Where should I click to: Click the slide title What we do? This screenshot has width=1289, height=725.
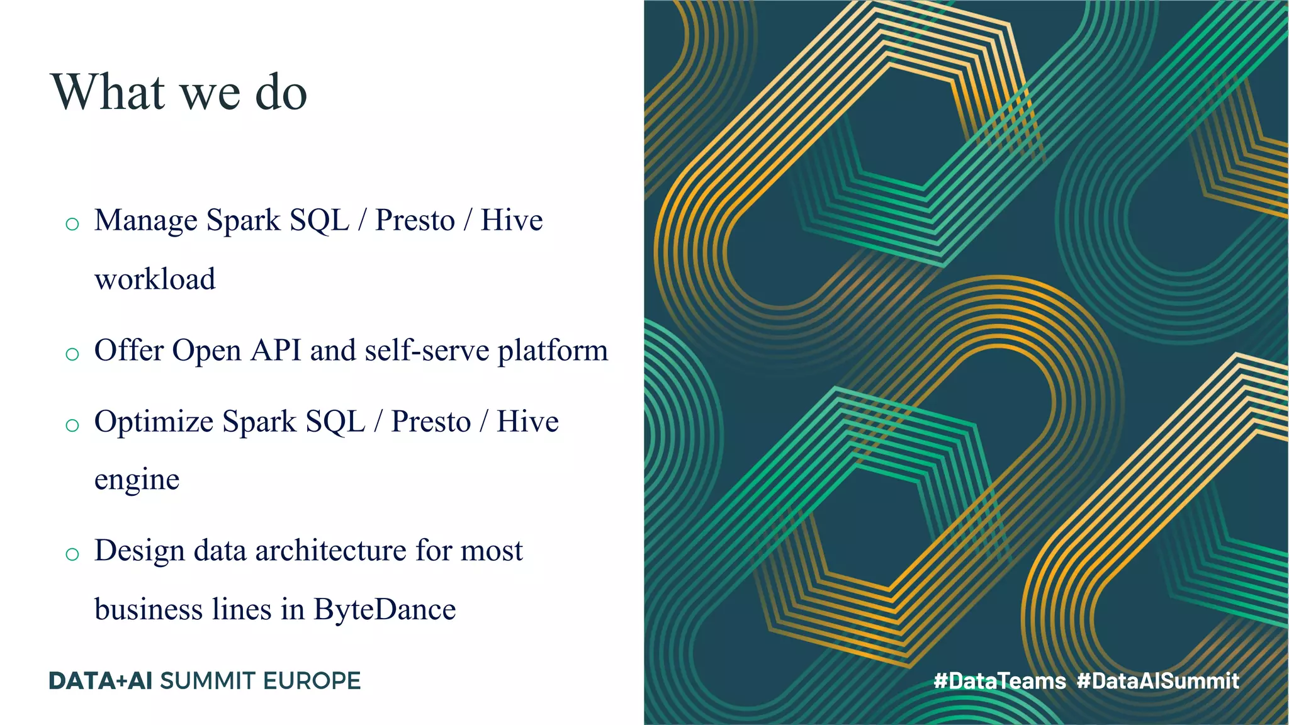(x=179, y=92)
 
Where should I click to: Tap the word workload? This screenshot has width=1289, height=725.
(x=155, y=279)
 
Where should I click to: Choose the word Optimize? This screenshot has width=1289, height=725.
(x=154, y=422)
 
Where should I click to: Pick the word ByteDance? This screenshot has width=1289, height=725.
(x=385, y=609)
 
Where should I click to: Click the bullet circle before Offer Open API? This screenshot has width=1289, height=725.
(x=72, y=354)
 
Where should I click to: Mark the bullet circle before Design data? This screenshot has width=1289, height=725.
(x=72, y=554)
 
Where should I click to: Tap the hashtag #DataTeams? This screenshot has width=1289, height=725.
(x=999, y=680)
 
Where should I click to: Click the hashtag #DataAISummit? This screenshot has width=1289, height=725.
(x=1157, y=680)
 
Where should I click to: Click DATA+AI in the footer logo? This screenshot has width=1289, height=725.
(x=101, y=681)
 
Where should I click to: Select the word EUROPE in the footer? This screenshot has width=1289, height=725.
(x=312, y=681)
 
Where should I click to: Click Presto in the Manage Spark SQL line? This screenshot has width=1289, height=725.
(x=415, y=221)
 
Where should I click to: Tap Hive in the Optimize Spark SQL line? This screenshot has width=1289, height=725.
(x=527, y=422)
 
